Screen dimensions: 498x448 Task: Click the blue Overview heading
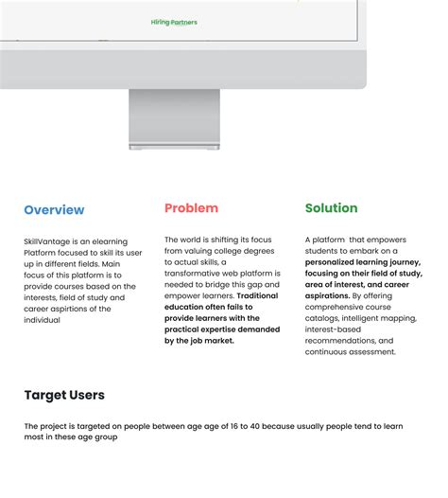pyautogui.click(x=54, y=210)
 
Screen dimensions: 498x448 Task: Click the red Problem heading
pyautogui.click(x=191, y=208)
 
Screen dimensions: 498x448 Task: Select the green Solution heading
pyautogui.click(x=331, y=208)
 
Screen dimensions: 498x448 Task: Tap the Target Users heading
pyautogui.click(x=64, y=395)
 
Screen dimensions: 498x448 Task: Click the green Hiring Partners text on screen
pyautogui.click(x=174, y=22)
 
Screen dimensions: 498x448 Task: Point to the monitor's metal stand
pyautogui.click(x=174, y=119)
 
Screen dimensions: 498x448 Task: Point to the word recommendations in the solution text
pyautogui.click(x=336, y=340)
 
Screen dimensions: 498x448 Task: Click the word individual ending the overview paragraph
pyautogui.click(x=42, y=320)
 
